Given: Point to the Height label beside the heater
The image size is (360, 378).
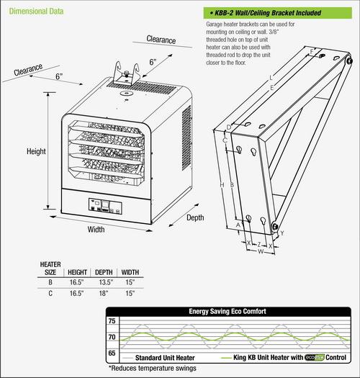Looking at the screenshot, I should pyautogui.click(x=37, y=152).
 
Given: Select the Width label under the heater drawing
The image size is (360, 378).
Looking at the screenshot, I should pyautogui.click(x=96, y=230).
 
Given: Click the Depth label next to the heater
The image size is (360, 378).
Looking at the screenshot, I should pyautogui.click(x=195, y=217).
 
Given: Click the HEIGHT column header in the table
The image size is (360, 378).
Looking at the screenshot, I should pyautogui.click(x=77, y=273).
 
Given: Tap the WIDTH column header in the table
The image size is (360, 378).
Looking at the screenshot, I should pyautogui.click(x=130, y=273).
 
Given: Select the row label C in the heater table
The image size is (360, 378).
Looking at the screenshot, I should pyautogui.click(x=50, y=294).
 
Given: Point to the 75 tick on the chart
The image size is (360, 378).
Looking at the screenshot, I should pyautogui.click(x=111, y=321).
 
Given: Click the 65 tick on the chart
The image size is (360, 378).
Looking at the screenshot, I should pyautogui.click(x=111, y=354).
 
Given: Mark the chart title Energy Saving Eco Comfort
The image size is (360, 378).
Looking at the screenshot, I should pyautogui.click(x=227, y=312).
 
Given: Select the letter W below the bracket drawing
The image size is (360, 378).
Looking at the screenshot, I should pyautogui.click(x=258, y=251).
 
